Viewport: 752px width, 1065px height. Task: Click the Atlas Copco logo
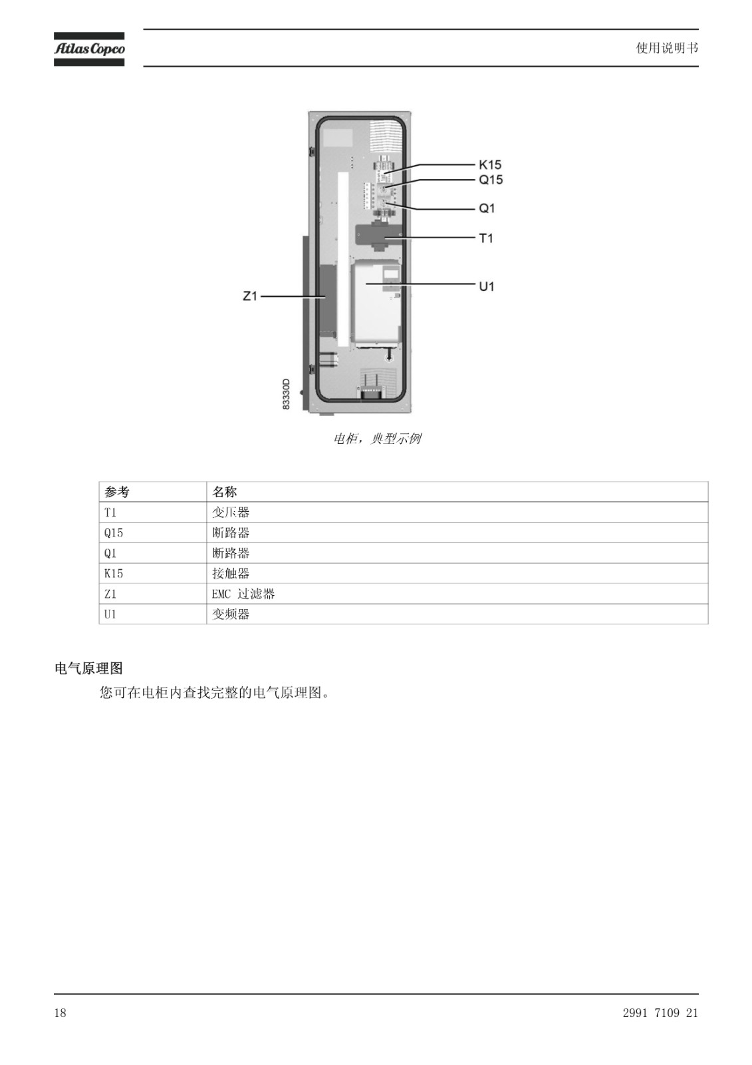point(89,49)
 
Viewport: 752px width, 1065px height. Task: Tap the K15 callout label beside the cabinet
point(490,164)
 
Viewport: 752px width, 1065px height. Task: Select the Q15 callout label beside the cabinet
point(491,180)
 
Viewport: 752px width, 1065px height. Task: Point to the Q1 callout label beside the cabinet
point(487,208)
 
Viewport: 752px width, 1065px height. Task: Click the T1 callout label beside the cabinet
point(486,238)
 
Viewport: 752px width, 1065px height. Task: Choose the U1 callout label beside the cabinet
point(487,286)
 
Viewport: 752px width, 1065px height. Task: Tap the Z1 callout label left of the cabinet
point(250,296)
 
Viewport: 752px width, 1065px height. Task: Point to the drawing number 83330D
point(286,394)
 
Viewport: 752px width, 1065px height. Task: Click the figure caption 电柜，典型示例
point(377,439)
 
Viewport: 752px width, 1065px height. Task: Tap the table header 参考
point(117,492)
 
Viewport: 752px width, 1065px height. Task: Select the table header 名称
point(224,492)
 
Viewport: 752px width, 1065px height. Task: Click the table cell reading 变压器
point(231,513)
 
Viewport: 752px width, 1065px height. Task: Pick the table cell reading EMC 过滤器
point(243,594)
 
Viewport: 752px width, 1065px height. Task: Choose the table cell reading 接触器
point(231,573)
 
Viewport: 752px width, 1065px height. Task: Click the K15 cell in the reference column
point(114,573)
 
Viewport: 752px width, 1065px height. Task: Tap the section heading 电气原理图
point(89,668)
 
